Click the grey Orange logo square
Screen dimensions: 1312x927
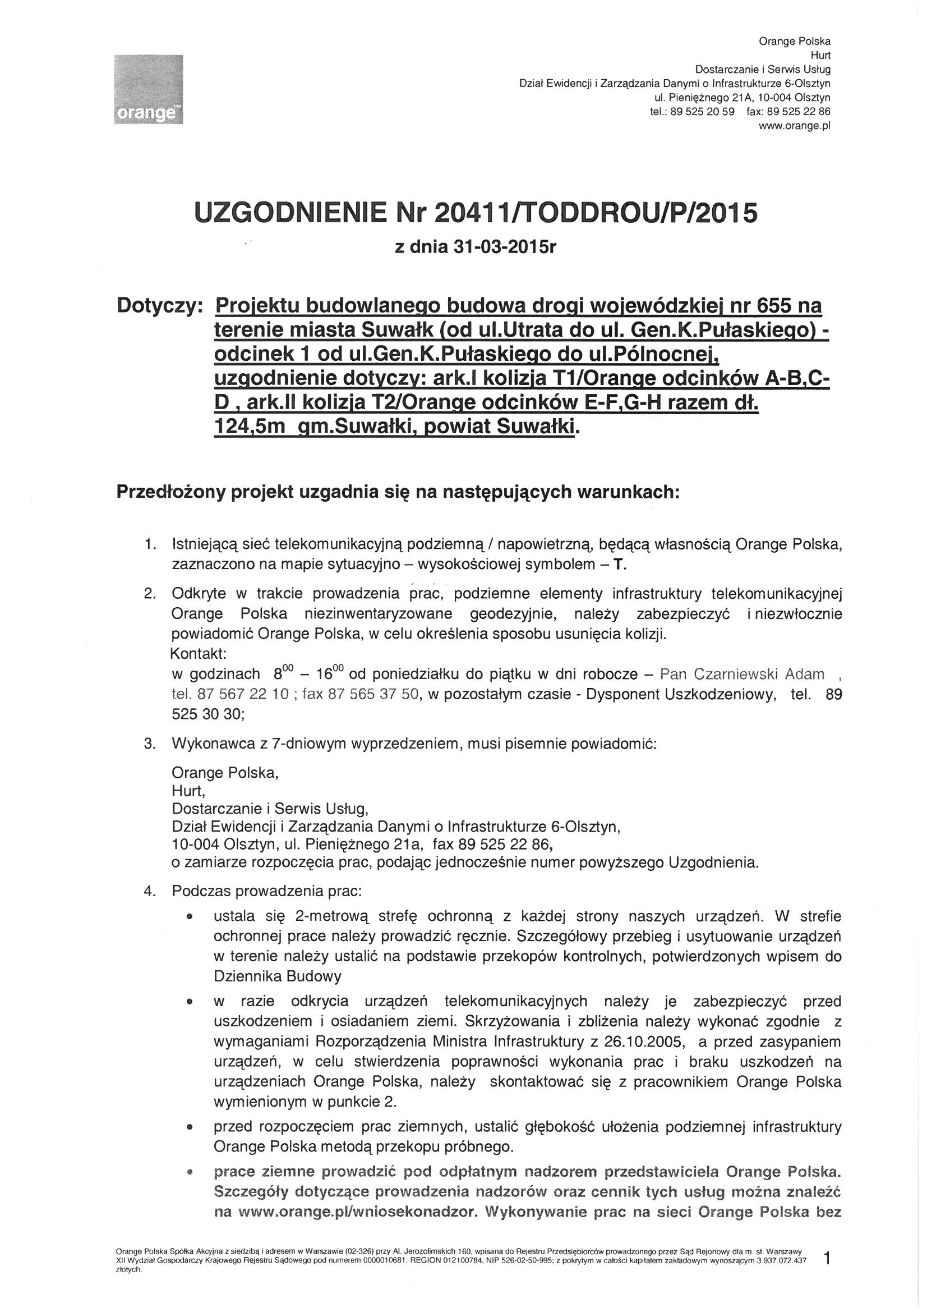(x=148, y=88)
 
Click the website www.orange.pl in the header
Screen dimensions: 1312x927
(x=794, y=126)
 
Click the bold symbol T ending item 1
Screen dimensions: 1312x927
(x=617, y=565)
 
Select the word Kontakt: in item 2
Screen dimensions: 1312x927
(x=199, y=653)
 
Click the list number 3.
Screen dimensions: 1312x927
(x=150, y=745)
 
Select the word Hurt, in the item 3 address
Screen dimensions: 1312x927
(x=188, y=791)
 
